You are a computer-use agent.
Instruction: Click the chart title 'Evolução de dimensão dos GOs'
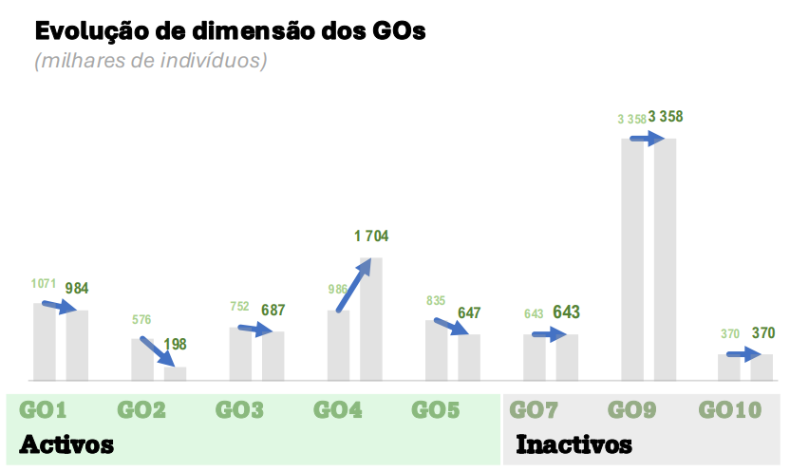click(x=230, y=30)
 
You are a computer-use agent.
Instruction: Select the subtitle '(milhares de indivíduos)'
click(x=151, y=62)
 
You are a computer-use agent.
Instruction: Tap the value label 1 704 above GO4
click(x=371, y=237)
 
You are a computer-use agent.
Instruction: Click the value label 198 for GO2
click(x=175, y=344)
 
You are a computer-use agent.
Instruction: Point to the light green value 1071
click(x=45, y=284)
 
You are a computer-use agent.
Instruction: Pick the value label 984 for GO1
click(x=77, y=288)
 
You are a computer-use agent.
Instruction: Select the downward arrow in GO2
click(x=158, y=351)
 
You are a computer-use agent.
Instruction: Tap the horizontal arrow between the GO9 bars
click(x=647, y=138)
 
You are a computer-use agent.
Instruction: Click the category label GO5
click(x=436, y=411)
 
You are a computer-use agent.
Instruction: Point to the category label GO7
click(x=535, y=411)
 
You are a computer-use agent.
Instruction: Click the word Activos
click(x=66, y=444)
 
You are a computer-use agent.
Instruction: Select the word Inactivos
click(x=574, y=444)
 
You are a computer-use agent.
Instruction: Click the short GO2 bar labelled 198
click(x=176, y=374)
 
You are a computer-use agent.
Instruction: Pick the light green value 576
click(x=141, y=320)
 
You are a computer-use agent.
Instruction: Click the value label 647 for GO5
click(x=469, y=312)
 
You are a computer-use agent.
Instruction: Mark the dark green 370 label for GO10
click(x=763, y=333)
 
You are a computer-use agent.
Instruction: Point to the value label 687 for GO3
click(x=273, y=310)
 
